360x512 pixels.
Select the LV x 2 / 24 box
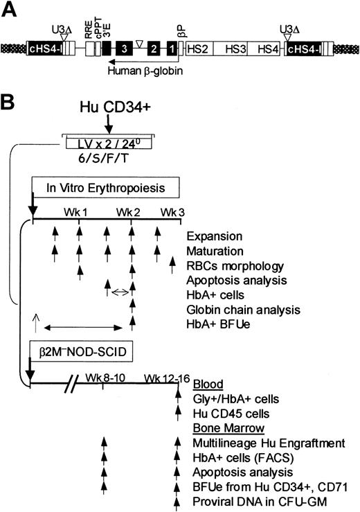coord(107,143)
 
